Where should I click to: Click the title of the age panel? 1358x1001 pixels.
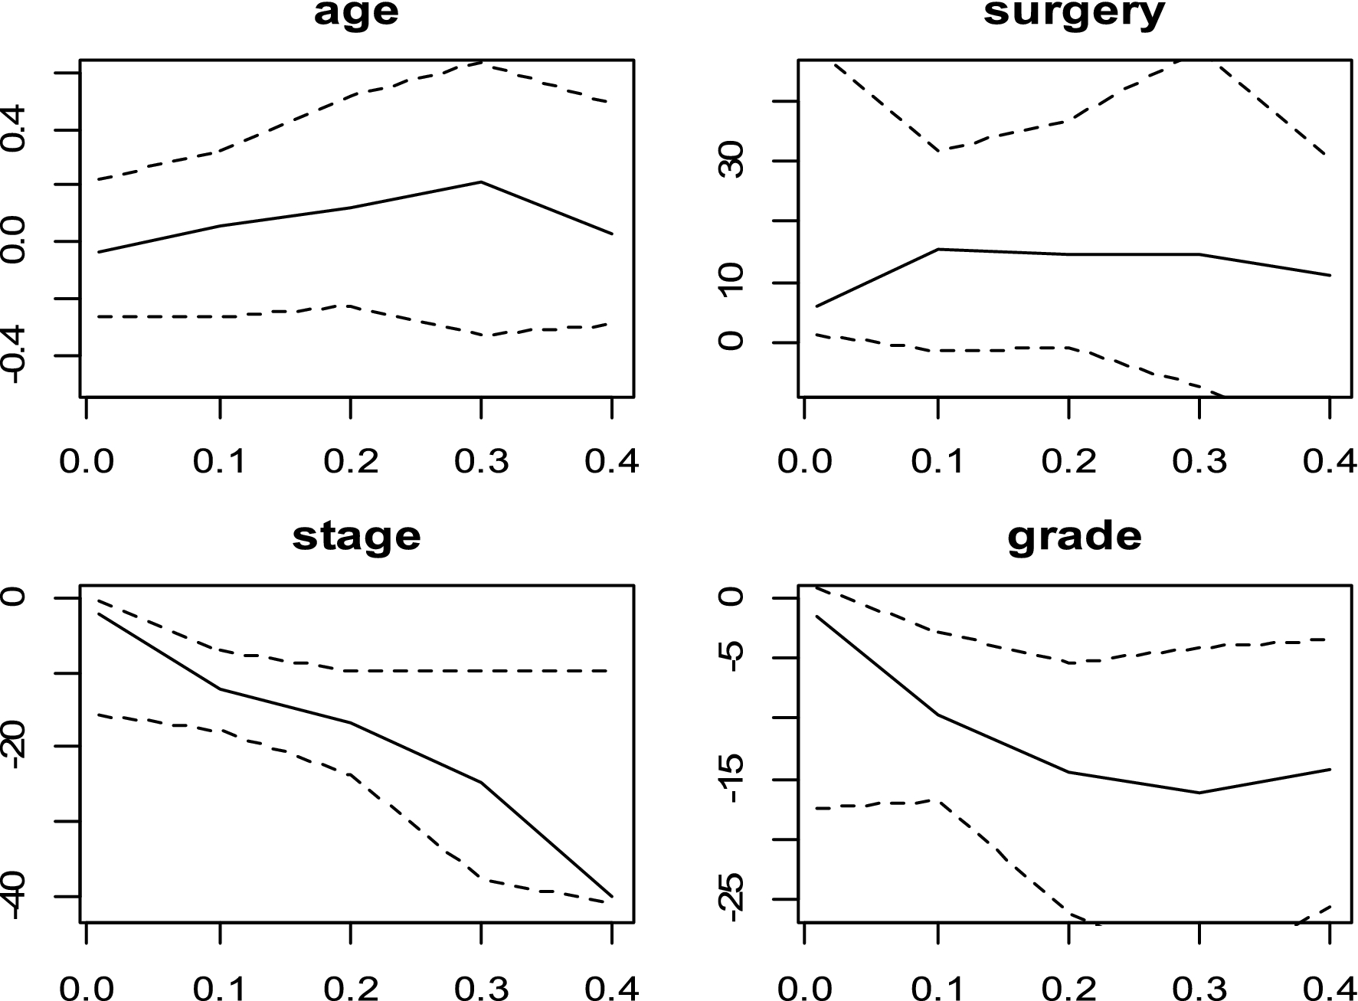[356, 14]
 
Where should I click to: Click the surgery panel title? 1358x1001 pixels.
[1074, 14]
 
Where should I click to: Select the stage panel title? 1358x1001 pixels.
[356, 536]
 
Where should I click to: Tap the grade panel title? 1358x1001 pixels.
[1074, 536]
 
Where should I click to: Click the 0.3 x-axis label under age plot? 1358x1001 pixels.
[481, 462]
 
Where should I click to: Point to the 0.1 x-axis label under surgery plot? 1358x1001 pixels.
[938, 462]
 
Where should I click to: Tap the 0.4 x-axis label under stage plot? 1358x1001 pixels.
[611, 988]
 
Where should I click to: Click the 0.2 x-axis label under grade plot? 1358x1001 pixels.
[1068, 988]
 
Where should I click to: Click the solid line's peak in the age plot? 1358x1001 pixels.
[481, 182]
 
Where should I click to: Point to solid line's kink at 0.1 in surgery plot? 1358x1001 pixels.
[938, 249]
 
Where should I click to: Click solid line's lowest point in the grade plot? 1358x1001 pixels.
[1199, 793]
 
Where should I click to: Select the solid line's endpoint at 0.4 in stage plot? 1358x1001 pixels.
[611, 895]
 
